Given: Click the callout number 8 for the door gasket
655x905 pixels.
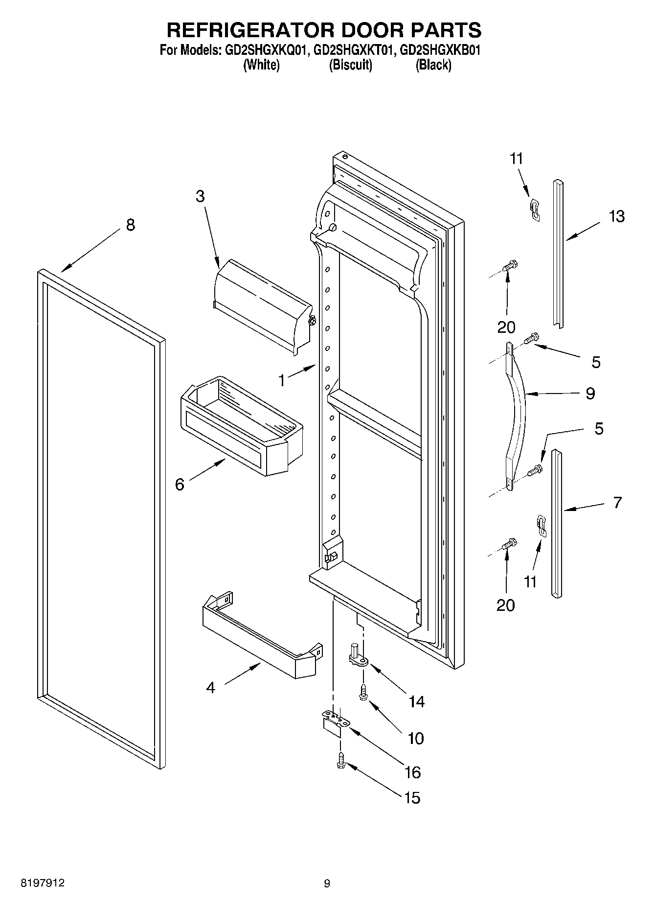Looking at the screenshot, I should pos(130,226).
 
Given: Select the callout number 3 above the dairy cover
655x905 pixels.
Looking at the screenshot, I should pos(200,197).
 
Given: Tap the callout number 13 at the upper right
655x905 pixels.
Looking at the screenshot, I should pos(616,216).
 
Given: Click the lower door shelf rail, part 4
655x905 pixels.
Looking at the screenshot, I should pos(262,636).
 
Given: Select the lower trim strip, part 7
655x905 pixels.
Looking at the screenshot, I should pos(557,524).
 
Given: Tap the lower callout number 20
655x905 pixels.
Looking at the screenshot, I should pos(506,605).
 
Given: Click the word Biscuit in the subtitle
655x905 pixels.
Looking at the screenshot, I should pos(350,65).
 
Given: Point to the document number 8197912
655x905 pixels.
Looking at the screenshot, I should pos(43,883).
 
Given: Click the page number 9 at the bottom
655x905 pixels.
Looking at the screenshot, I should pos(327,883).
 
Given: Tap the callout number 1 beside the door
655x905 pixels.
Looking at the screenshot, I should pos(282,380).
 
